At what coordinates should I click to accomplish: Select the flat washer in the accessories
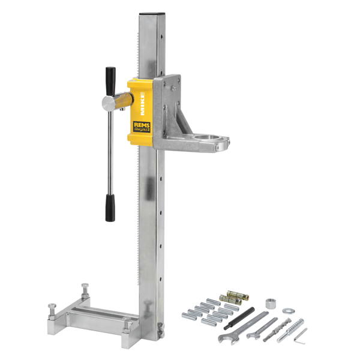click(288, 311)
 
